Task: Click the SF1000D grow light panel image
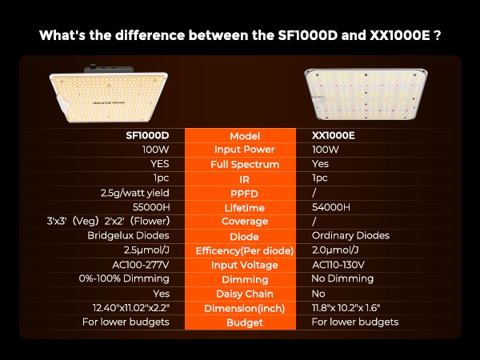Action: pyautogui.click(x=109, y=94)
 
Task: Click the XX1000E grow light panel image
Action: pyautogui.click(x=366, y=94)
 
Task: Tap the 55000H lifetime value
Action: pyautogui.click(x=151, y=207)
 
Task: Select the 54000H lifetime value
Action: pyautogui.click(x=331, y=207)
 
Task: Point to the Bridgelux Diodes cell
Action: pyautogui.click(x=128, y=235)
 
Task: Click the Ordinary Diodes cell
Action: pyautogui.click(x=350, y=235)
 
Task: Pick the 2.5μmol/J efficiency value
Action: pyautogui.click(x=146, y=250)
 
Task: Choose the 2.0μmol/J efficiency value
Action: pyautogui.click(x=335, y=250)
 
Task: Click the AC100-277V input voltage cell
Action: pyautogui.click(x=141, y=265)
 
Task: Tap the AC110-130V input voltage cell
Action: pyautogui.click(x=338, y=265)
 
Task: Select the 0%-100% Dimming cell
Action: pyautogui.click(x=124, y=278)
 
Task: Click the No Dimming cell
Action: pyautogui.click(x=342, y=278)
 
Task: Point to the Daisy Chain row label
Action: pyautogui.click(x=245, y=294)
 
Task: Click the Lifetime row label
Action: pyautogui.click(x=245, y=208)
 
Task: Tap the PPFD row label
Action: pyautogui.click(x=244, y=194)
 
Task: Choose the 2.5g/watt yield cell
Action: pyautogui.click(x=135, y=193)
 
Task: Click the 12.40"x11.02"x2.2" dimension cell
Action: pyautogui.click(x=131, y=308)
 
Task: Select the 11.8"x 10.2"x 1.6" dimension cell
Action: pyautogui.click(x=346, y=308)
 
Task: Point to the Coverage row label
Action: pyautogui.click(x=245, y=222)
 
